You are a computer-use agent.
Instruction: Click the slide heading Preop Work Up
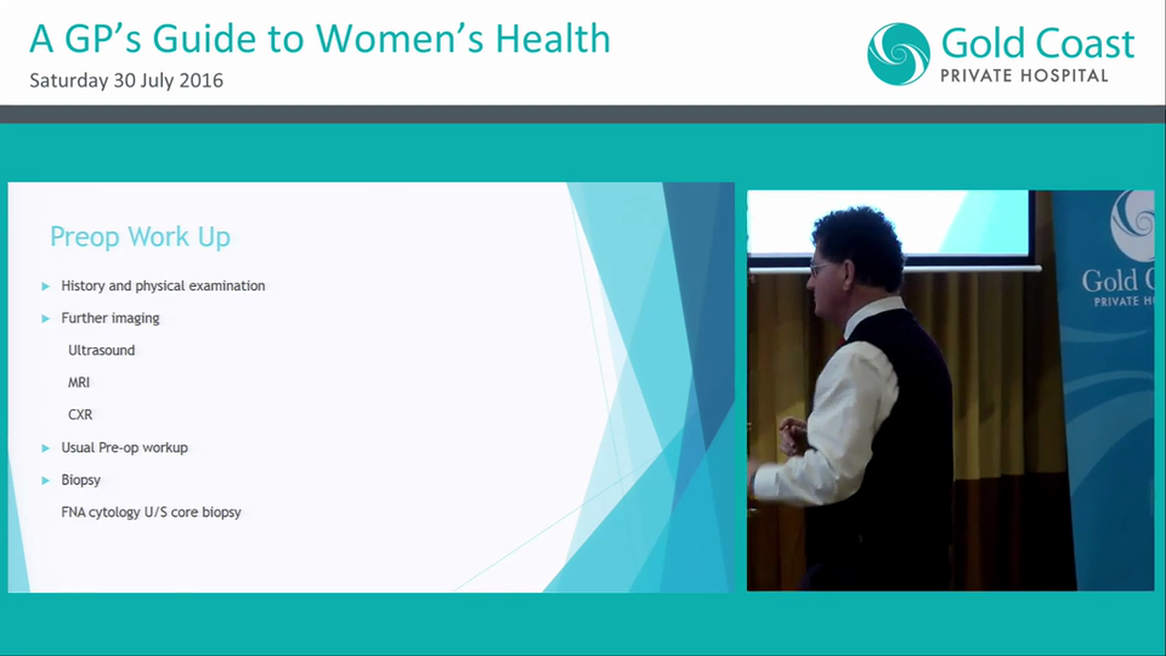pyautogui.click(x=139, y=237)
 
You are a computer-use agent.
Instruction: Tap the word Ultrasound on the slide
pyautogui.click(x=101, y=350)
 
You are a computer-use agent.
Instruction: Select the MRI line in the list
pyautogui.click(x=78, y=383)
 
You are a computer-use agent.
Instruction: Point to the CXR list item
pyautogui.click(x=80, y=415)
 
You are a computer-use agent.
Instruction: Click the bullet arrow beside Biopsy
pyautogui.click(x=46, y=480)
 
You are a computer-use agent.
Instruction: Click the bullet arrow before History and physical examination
pyautogui.click(x=46, y=286)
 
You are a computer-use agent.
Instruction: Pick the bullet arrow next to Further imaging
pyautogui.click(x=46, y=318)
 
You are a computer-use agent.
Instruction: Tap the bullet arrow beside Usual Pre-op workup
pyautogui.click(x=46, y=447)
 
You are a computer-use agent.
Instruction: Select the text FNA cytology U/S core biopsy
pyautogui.click(x=151, y=512)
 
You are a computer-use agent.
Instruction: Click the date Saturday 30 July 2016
pyautogui.click(x=126, y=80)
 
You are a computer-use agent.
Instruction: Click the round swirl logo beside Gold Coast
pyautogui.click(x=898, y=54)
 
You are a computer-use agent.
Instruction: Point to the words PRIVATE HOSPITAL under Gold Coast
pyautogui.click(x=1024, y=76)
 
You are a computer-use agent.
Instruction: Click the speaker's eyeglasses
pyautogui.click(x=818, y=269)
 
